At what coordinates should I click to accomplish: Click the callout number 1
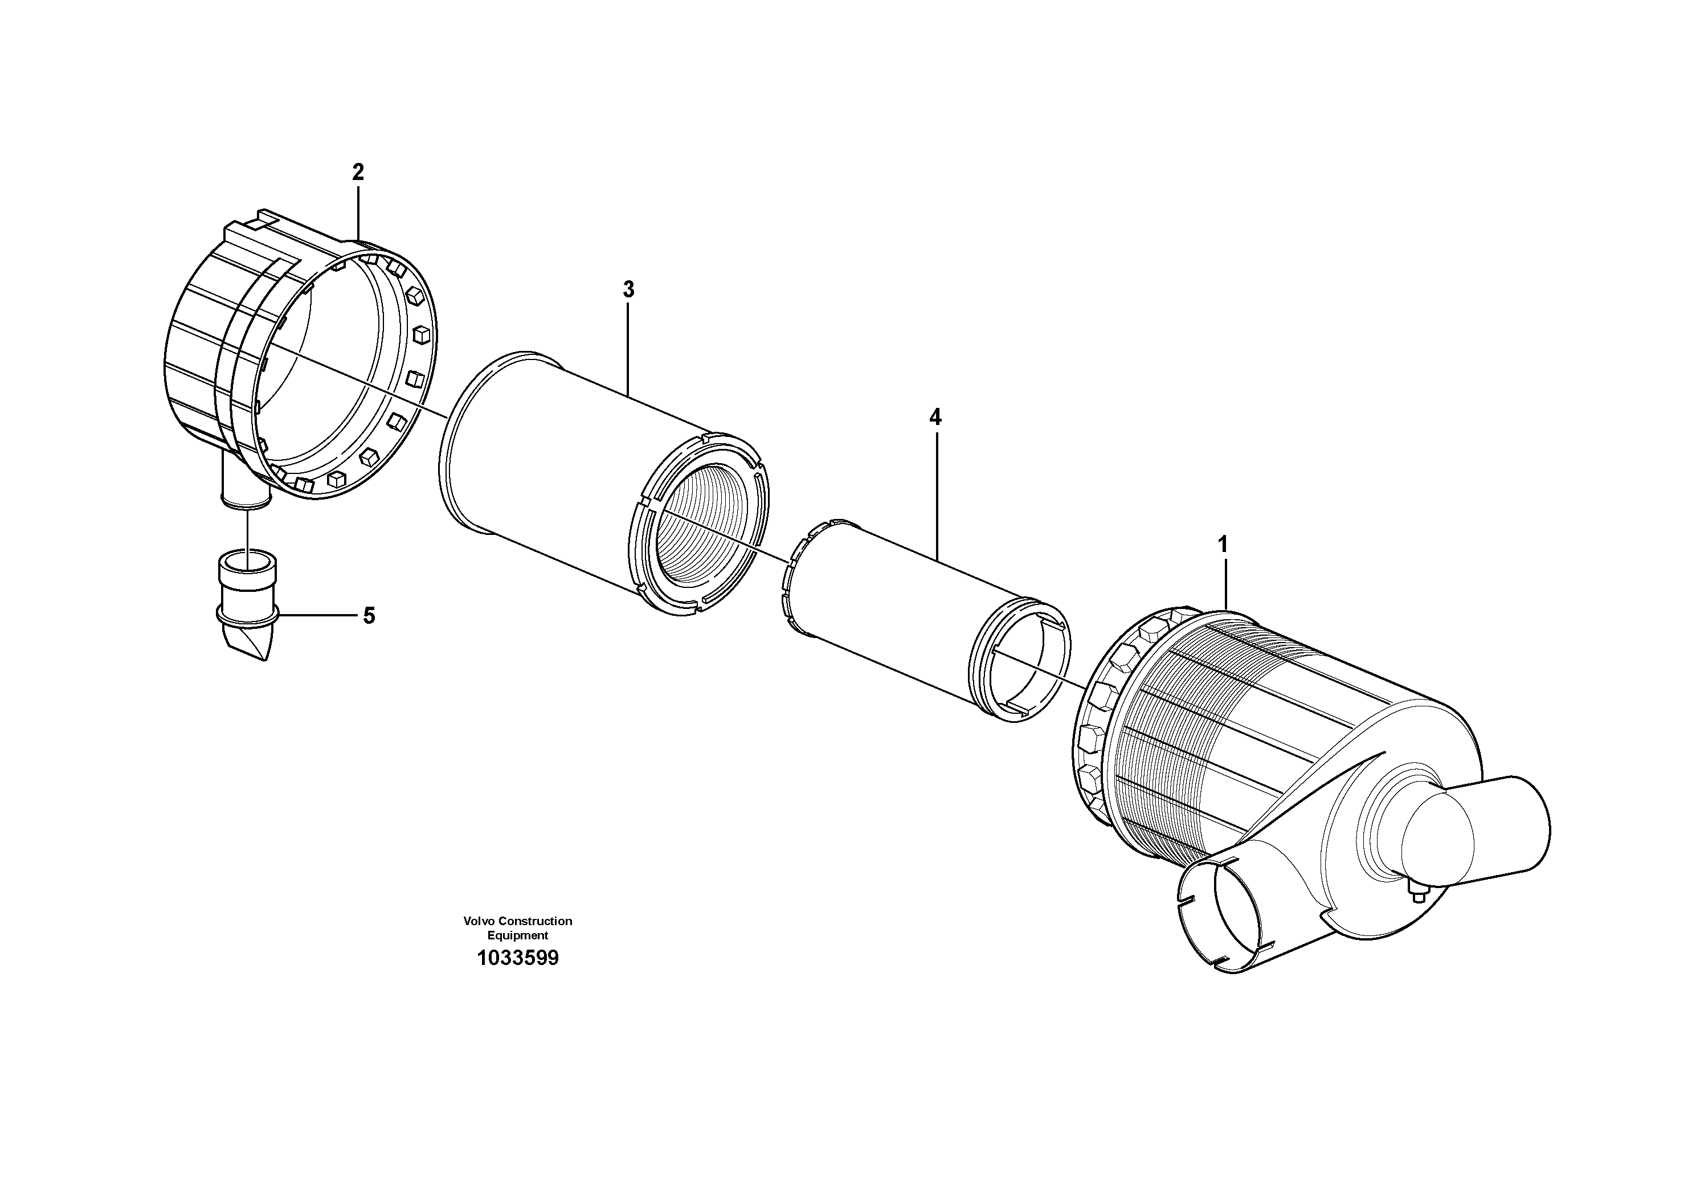(1223, 545)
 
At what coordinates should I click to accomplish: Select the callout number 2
(358, 172)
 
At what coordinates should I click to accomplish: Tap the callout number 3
(628, 289)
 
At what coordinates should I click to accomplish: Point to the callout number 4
(935, 418)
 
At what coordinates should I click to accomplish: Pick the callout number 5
(369, 615)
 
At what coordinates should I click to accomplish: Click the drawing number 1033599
(517, 959)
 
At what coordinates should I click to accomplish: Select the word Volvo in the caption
(479, 921)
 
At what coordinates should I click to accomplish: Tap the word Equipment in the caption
(517, 935)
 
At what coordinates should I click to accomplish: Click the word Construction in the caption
(535, 921)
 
